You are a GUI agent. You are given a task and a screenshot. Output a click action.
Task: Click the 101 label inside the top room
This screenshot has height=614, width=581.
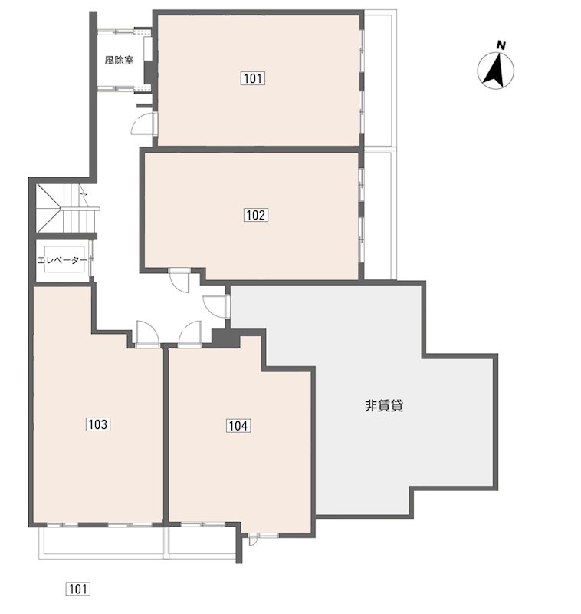[x=253, y=78]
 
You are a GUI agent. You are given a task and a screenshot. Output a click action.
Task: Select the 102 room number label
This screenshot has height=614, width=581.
[x=256, y=215]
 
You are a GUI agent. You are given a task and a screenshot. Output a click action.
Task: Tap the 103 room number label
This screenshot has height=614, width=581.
[x=98, y=424]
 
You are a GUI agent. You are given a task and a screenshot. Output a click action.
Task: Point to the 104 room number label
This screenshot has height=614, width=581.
[x=238, y=426]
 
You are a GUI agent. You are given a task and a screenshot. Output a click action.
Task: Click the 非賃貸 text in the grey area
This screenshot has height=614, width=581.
[x=384, y=406]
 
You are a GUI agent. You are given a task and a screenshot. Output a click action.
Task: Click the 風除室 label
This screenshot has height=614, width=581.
[x=119, y=61]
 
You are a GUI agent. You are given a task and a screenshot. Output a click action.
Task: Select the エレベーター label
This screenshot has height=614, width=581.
[x=62, y=260]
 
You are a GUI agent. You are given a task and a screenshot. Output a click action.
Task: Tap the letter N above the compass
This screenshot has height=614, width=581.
[x=501, y=45]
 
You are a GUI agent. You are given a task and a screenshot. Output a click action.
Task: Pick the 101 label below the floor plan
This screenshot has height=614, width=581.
[x=77, y=589]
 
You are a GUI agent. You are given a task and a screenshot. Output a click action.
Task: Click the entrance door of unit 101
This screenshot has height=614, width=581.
[x=144, y=123]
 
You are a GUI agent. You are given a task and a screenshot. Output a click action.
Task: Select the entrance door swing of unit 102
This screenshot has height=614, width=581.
[x=179, y=280]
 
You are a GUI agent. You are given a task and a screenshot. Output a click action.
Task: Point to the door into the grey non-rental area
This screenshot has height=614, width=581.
[x=216, y=306]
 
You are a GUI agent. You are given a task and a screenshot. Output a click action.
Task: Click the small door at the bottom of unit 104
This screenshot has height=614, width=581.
[x=253, y=540]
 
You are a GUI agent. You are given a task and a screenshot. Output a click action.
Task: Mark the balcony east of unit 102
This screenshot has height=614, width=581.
[x=378, y=216]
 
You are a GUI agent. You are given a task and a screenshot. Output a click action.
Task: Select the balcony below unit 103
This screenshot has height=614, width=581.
[x=103, y=543]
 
